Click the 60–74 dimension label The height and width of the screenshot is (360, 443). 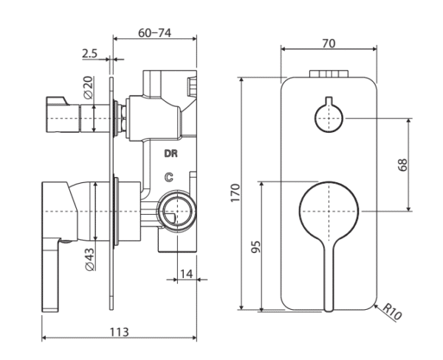pos(155,33)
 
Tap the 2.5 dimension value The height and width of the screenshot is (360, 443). pos(90,53)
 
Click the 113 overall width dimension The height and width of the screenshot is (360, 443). pos(120,330)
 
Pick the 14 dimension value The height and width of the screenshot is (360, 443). pos(186,274)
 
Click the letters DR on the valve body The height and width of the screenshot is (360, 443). pos(171,155)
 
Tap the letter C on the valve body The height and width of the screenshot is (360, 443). pos(169,177)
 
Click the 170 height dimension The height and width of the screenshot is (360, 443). pos(235,193)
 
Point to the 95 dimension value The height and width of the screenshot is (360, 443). pos(255,246)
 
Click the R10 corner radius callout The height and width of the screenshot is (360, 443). pos(391,313)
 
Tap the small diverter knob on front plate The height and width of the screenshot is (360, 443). pos(328,117)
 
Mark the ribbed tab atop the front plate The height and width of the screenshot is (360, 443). pos(329,73)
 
